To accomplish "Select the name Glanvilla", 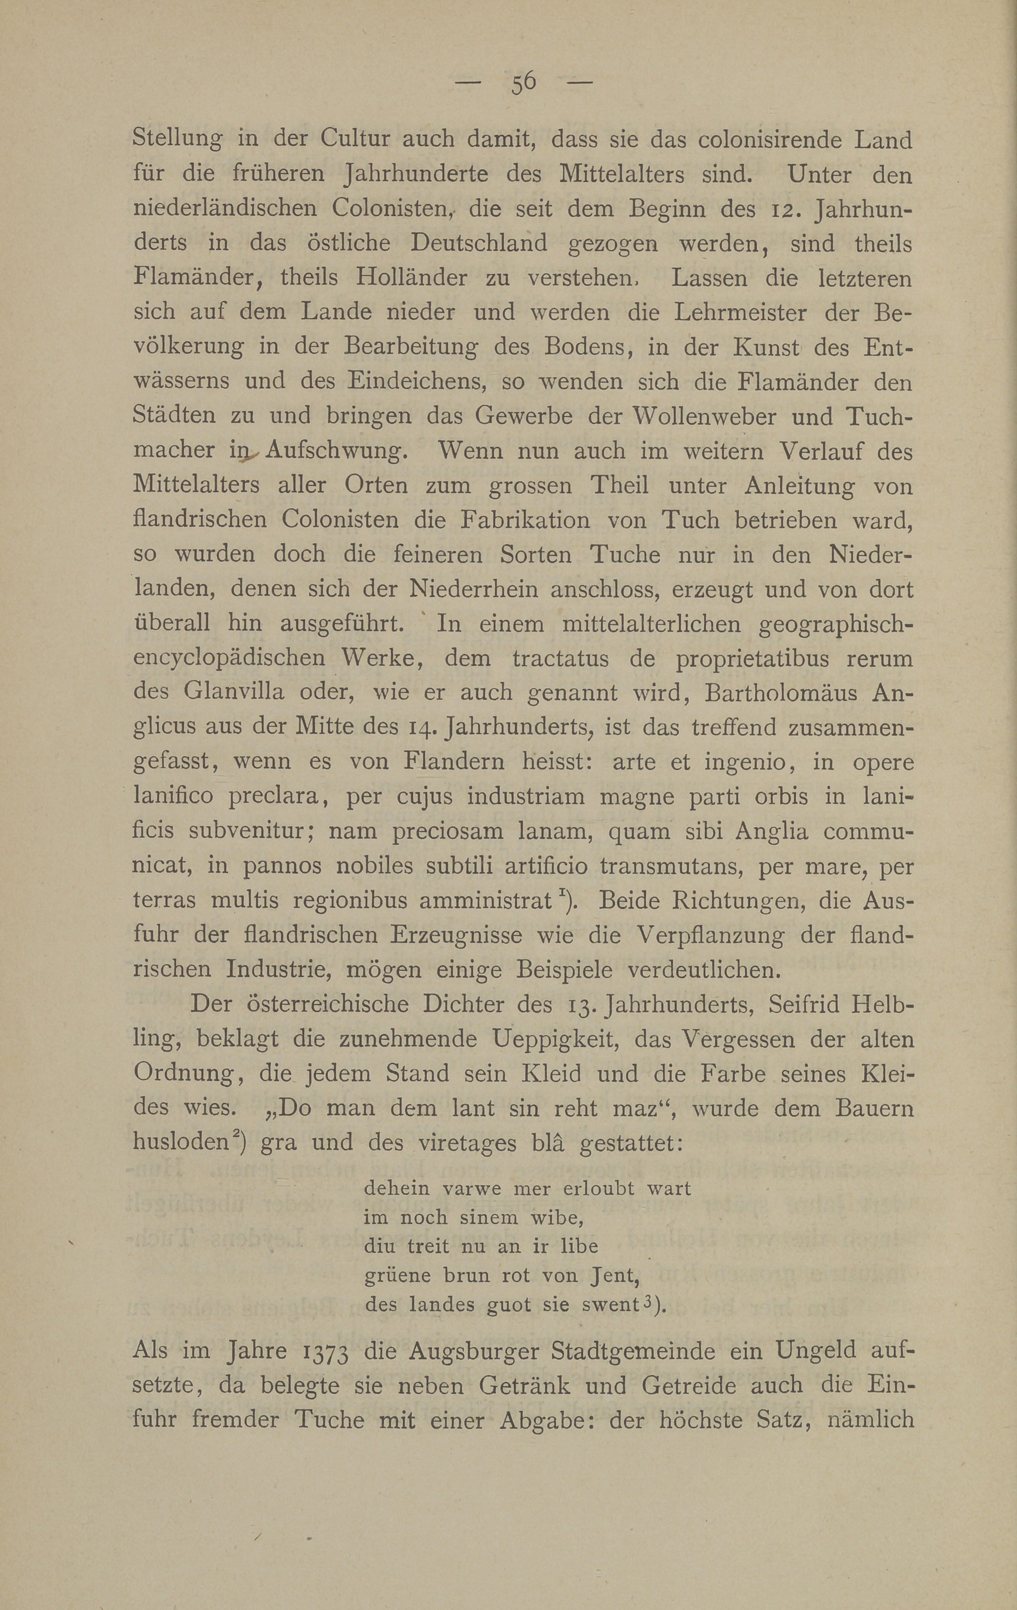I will click(x=233, y=693).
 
